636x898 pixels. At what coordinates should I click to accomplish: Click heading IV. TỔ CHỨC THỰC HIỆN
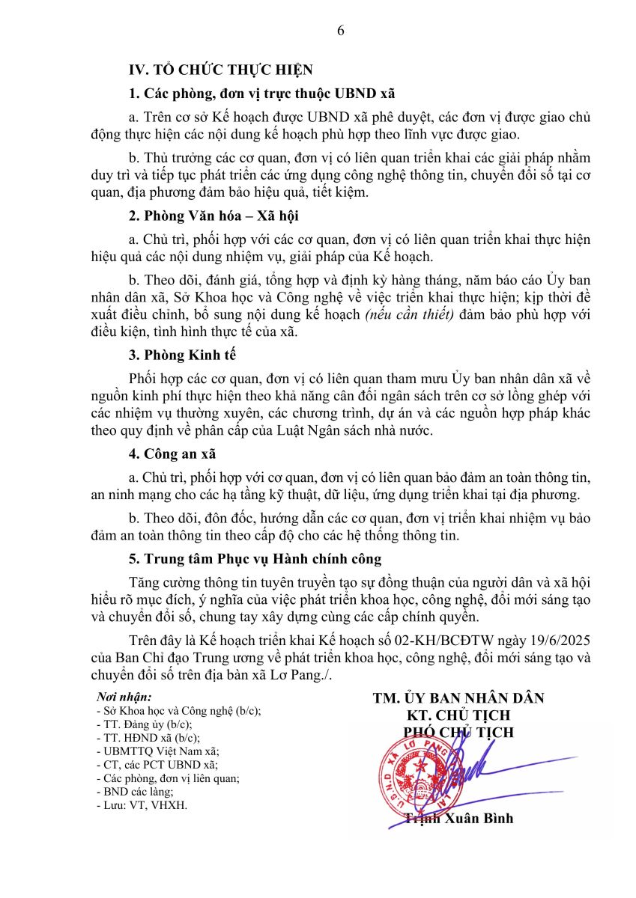[x=221, y=70]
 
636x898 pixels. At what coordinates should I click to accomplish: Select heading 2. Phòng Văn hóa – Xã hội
[x=214, y=216]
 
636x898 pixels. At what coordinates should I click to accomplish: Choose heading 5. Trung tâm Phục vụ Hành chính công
[x=255, y=559]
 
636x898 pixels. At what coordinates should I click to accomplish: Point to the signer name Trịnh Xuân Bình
[x=459, y=818]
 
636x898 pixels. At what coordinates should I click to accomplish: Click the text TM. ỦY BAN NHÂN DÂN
[x=458, y=698]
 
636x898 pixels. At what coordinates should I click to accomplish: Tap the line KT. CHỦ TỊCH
[x=458, y=715]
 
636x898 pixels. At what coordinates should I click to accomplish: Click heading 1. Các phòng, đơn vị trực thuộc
[x=261, y=94]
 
